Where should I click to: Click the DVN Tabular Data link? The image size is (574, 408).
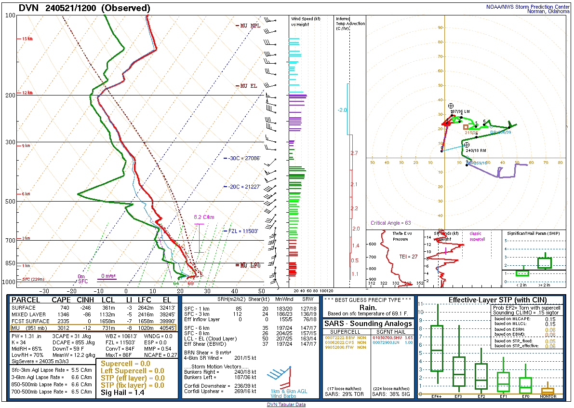point(286,405)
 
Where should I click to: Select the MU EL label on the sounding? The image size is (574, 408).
point(249,86)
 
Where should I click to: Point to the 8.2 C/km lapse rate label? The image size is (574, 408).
point(204,217)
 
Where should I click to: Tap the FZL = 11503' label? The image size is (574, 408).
point(244,231)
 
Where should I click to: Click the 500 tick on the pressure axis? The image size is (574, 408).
point(10,201)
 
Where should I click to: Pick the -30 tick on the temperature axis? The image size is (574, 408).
point(45,291)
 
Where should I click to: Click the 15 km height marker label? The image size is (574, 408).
point(27,39)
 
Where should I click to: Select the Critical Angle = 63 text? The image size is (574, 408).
point(391,223)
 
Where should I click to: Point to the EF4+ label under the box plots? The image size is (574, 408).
point(437,396)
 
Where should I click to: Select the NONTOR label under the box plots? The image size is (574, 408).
point(547,396)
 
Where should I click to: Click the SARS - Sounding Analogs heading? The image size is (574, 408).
point(368,324)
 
